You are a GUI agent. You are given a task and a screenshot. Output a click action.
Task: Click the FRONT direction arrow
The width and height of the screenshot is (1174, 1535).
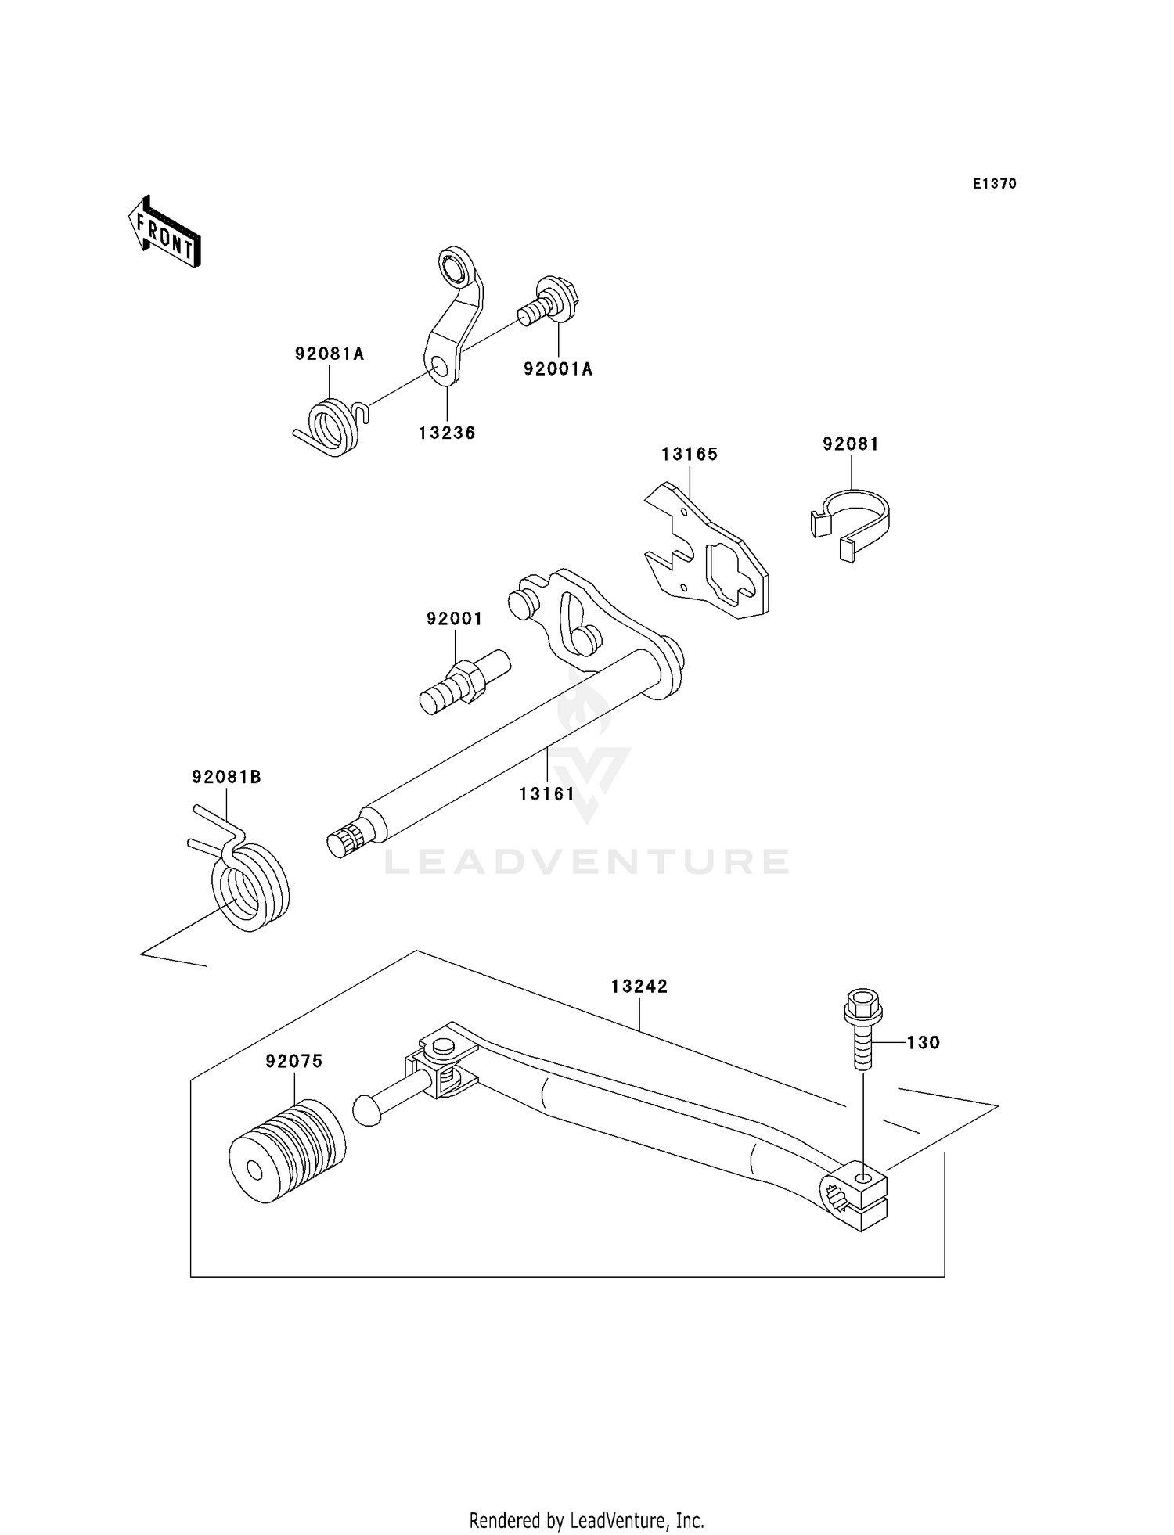click(x=165, y=232)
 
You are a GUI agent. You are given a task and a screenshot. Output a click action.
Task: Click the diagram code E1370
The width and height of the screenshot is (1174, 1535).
click(x=994, y=184)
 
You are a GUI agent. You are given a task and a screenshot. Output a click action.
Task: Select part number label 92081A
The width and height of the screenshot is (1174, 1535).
click(x=330, y=354)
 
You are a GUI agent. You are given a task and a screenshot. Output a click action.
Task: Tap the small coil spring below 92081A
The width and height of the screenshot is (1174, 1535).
click(x=332, y=428)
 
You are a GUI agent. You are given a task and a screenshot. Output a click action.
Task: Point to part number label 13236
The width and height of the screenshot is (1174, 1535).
click(x=447, y=433)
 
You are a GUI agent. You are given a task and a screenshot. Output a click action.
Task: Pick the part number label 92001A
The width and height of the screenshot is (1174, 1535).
click(x=558, y=369)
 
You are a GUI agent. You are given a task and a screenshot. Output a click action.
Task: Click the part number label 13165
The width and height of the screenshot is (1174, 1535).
click(x=690, y=455)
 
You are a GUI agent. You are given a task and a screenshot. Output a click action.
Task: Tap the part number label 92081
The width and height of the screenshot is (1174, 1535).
click(x=851, y=444)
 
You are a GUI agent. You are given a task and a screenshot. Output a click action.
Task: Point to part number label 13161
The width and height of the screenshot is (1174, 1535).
click(x=546, y=794)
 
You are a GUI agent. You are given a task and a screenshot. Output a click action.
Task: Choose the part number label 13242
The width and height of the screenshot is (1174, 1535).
click(x=639, y=987)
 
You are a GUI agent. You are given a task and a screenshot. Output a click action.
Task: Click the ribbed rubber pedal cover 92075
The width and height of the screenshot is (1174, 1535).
click(x=287, y=1150)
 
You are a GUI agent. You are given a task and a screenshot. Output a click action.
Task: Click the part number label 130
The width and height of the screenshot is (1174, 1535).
click(x=924, y=1043)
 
